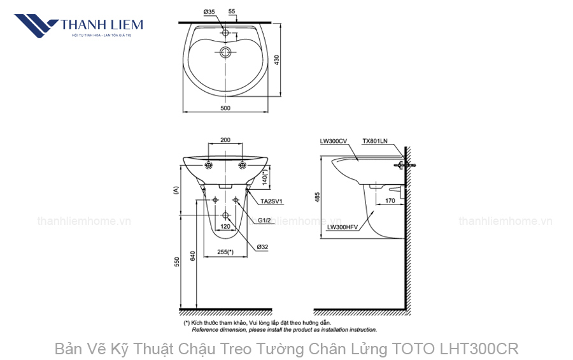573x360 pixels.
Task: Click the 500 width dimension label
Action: pos(225,108)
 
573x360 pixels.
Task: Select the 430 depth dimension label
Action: pos(276,59)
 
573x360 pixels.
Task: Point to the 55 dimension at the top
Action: pos(231,11)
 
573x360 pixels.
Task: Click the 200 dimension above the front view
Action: pos(225,140)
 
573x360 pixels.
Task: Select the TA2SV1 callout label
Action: pos(272,201)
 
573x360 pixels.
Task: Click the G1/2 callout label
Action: pos(265,220)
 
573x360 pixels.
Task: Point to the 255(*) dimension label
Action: pos(225,252)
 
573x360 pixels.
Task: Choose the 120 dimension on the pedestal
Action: pos(225,227)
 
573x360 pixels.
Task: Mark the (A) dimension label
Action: pos(174,190)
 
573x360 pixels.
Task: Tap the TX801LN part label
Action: pos(374,141)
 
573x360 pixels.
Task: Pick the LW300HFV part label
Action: pos(343,227)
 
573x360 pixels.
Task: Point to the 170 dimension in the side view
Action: pos(390,201)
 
